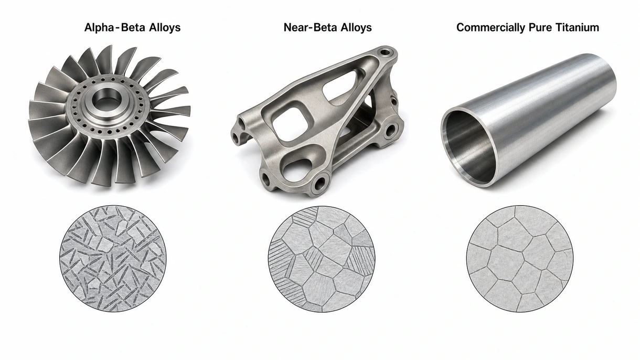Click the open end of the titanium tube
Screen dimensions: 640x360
(470, 147)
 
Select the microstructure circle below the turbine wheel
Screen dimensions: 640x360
(113, 258)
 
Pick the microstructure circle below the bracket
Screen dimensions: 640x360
(322, 259)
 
